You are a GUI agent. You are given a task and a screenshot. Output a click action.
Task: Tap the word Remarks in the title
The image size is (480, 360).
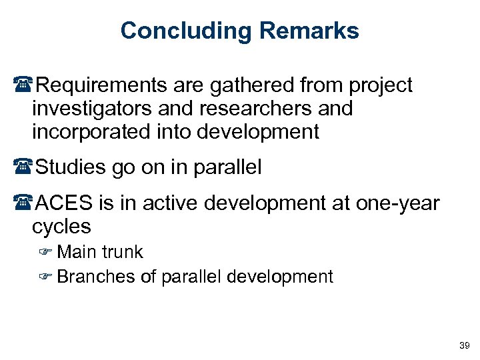point(309,31)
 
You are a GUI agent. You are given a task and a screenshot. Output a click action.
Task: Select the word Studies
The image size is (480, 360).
point(70,167)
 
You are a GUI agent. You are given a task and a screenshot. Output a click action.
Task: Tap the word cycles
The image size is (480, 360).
point(61,226)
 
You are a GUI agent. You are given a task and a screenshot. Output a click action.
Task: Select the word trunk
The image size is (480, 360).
point(122,252)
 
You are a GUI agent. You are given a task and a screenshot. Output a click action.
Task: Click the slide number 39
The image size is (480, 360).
point(464,345)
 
